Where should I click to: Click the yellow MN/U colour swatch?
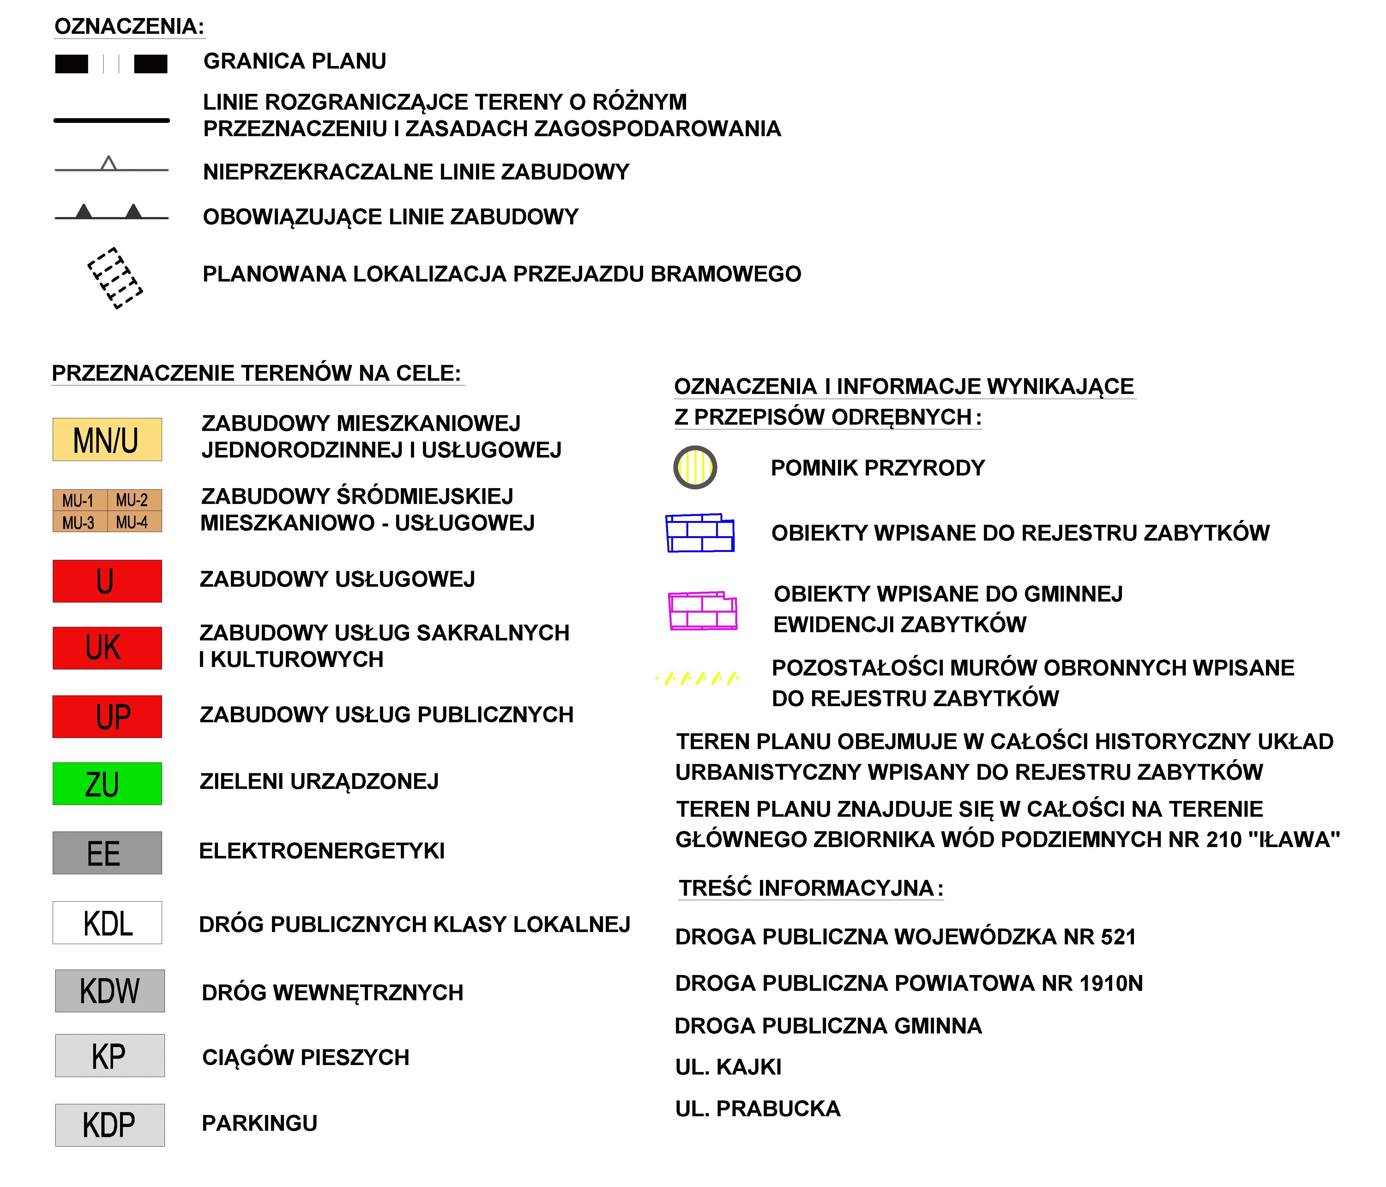pos(107,439)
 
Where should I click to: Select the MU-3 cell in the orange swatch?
pos(79,522)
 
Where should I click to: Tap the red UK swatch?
pos(107,648)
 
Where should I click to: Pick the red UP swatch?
pos(107,717)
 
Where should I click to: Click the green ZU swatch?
pos(107,784)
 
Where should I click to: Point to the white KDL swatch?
pos(107,923)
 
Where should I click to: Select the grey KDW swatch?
pos(110,991)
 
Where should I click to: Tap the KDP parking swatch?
pos(110,1125)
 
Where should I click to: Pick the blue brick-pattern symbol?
pos(700,533)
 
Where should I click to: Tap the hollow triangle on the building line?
pos(108,163)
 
